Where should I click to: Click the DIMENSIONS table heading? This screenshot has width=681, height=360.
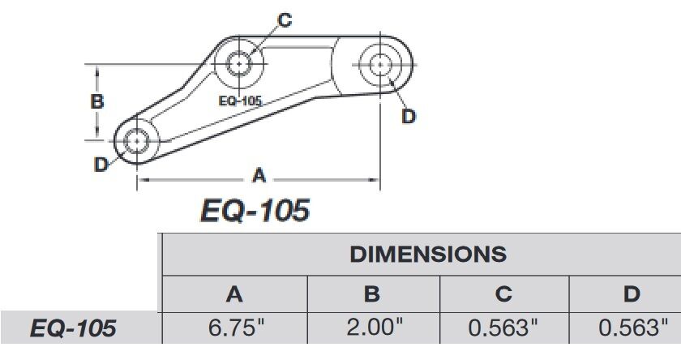pos(428,254)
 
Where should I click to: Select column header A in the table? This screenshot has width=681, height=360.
pos(234,294)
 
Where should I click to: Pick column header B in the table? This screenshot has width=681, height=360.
pos(372,294)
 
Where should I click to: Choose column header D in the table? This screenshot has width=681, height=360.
pos(632,294)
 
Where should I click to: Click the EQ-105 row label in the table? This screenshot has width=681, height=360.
pos(73,328)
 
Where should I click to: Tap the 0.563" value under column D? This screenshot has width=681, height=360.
pos(632,328)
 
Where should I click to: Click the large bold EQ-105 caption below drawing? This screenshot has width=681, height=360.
pos(255,211)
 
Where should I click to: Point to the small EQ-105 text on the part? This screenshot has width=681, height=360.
pos(240,101)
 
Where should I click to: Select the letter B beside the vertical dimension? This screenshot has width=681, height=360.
pos(96,102)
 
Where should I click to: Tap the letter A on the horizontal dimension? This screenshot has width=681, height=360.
pos(259,174)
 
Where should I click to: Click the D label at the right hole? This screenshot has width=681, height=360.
pos(409,117)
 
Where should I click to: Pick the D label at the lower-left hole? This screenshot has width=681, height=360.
pos(101,165)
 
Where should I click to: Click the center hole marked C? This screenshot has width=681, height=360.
pos(239,63)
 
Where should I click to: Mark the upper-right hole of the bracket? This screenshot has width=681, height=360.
pos(381,62)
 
